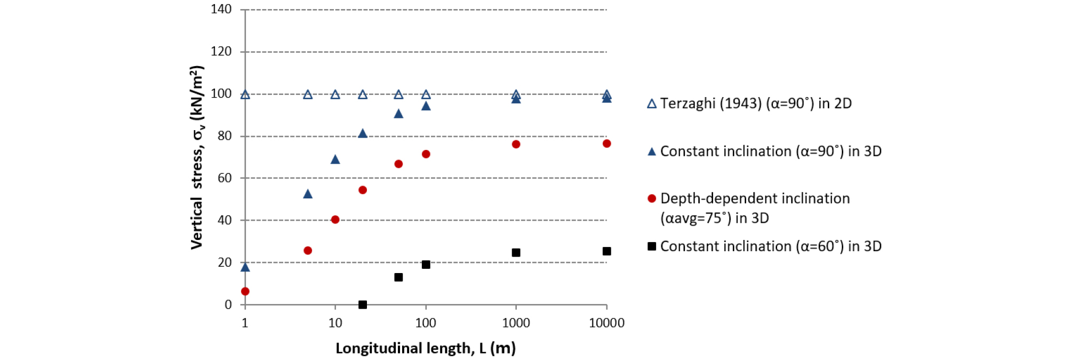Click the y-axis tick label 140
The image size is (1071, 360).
(221, 9)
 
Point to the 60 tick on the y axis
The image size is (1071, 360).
(225, 178)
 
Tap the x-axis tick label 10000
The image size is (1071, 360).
(606, 323)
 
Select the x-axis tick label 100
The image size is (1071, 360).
(426, 323)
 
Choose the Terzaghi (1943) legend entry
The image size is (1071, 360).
(749, 103)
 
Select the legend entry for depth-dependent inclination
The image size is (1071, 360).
(749, 208)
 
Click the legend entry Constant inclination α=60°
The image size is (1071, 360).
(764, 246)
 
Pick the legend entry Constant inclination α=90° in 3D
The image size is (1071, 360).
(764, 151)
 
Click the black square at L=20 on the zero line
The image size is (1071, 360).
(363, 305)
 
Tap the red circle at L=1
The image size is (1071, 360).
(245, 291)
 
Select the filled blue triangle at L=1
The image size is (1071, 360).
(245, 267)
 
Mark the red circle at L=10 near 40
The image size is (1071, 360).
(335, 220)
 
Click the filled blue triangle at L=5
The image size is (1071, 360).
(308, 194)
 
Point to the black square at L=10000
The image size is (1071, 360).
(606, 251)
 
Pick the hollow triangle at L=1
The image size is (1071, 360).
(245, 94)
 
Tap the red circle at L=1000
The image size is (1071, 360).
(516, 145)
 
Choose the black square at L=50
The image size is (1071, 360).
(398, 277)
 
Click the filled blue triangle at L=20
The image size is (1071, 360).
(363, 133)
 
